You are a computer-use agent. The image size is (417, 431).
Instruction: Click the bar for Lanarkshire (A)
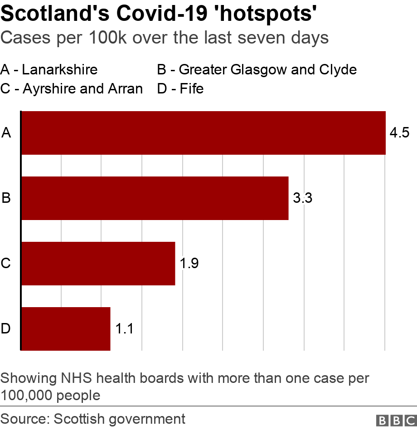[x=203, y=133]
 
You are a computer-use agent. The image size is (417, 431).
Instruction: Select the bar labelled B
[x=155, y=198]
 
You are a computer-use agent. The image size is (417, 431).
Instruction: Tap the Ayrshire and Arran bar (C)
[x=98, y=264]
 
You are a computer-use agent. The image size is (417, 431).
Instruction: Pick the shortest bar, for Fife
[x=66, y=329]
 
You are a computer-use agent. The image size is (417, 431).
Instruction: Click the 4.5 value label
[x=399, y=133]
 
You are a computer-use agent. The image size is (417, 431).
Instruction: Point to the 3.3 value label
[x=302, y=198]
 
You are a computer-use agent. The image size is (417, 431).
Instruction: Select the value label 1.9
[x=189, y=264]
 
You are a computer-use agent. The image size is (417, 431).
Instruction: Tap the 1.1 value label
[x=124, y=329]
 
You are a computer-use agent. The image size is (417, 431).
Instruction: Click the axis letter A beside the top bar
[x=6, y=133]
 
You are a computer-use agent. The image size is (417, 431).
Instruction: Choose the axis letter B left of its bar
[x=6, y=198]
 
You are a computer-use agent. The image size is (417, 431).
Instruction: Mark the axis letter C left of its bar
[x=6, y=264]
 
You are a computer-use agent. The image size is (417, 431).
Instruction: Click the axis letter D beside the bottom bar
[x=6, y=329]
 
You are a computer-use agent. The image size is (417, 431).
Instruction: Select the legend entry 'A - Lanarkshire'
[x=49, y=69]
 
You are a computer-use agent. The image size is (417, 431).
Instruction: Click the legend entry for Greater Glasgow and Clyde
[x=257, y=69]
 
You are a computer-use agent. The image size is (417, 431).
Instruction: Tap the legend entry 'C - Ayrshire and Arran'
[x=72, y=88]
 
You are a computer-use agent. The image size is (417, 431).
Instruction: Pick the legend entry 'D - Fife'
[x=180, y=88]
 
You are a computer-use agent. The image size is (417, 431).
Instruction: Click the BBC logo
[x=396, y=420]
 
